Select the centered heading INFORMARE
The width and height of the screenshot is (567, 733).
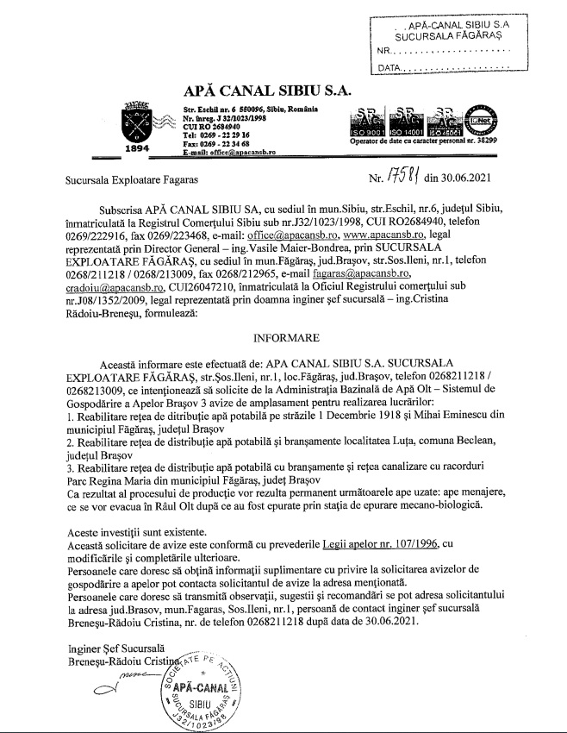[283, 338]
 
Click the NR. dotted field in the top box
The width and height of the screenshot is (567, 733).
[448, 51]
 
